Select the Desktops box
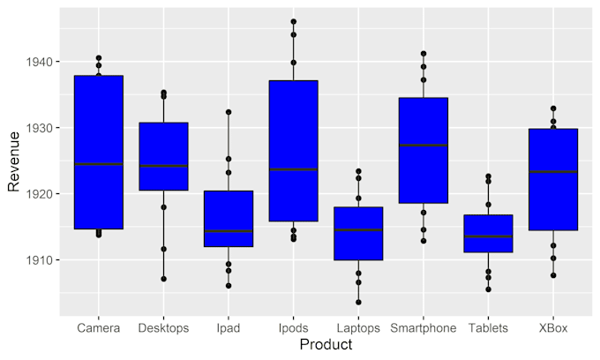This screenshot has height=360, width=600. pyautogui.click(x=163, y=156)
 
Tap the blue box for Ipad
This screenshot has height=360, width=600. pyautogui.click(x=229, y=218)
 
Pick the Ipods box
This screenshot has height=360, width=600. pyautogui.click(x=293, y=150)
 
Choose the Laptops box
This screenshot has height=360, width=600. pyautogui.click(x=358, y=233)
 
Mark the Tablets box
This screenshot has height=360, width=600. pyautogui.click(x=488, y=233)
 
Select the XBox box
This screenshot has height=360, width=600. pyautogui.click(x=553, y=179)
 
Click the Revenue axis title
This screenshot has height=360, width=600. pyautogui.click(x=13, y=161)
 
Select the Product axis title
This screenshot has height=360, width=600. pyautogui.click(x=326, y=345)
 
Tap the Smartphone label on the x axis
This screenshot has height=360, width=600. pyautogui.click(x=424, y=328)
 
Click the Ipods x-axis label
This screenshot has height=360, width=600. pyautogui.click(x=293, y=328)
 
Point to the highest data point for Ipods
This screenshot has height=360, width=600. pyautogui.click(x=293, y=22)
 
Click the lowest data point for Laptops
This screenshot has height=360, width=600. pyautogui.click(x=358, y=302)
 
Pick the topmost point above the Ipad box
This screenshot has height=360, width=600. pyautogui.click(x=229, y=112)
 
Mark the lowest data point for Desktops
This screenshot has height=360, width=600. pyautogui.click(x=163, y=279)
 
